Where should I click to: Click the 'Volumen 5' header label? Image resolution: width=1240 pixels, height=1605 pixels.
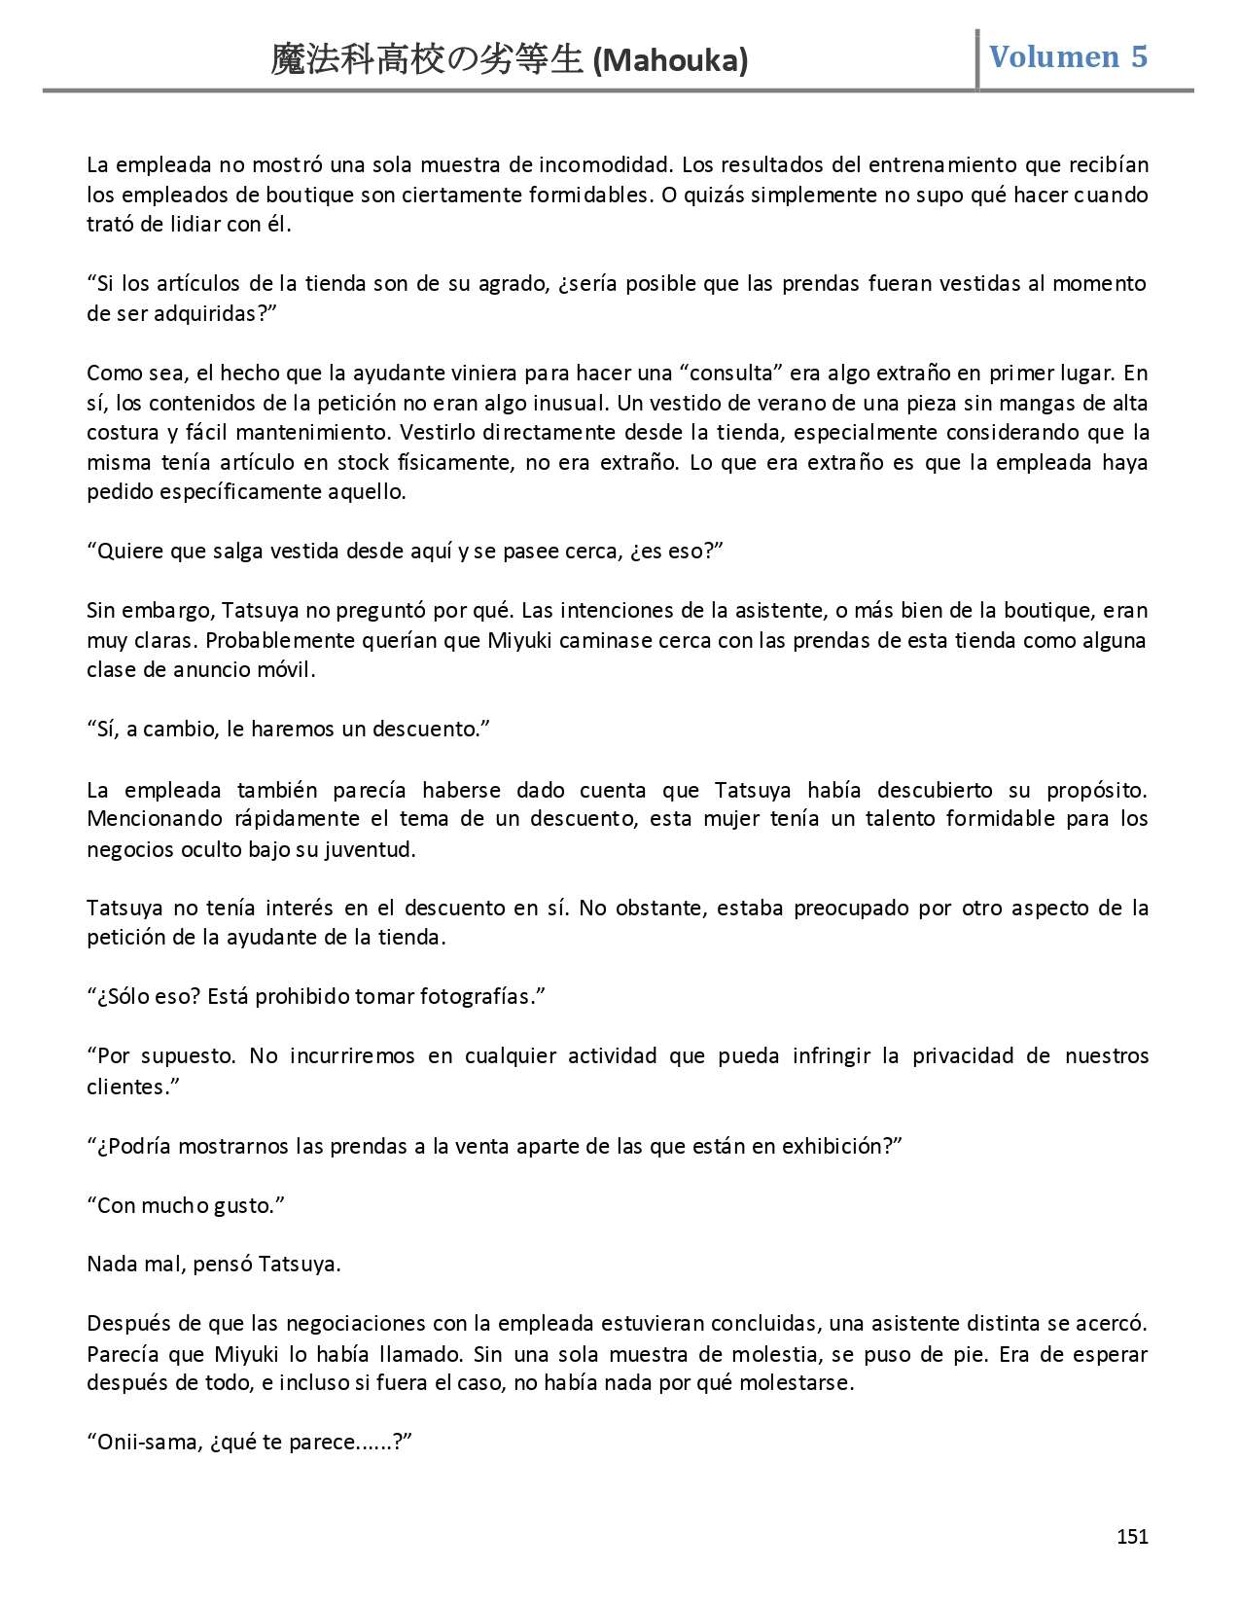[x=1068, y=56]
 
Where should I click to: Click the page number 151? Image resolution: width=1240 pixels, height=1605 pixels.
[x=1132, y=1537]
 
